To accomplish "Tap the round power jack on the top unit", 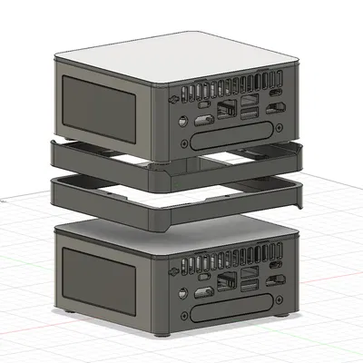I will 181,121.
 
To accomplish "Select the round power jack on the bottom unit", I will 181,291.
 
